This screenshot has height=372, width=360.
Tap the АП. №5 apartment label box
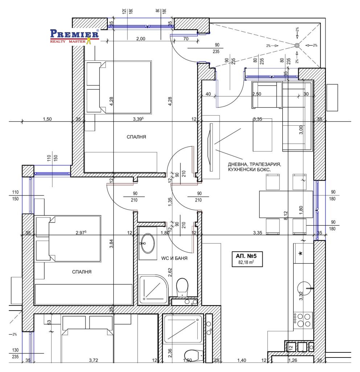pyautogui.click(x=247, y=259)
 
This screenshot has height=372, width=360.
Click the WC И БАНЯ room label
pyautogui.click(x=174, y=258)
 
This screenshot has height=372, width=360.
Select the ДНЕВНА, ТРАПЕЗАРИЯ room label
pyautogui.click(x=254, y=164)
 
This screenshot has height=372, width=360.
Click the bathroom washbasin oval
pyautogui.click(x=147, y=243)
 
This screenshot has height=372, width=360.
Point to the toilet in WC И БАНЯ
pyautogui.click(x=182, y=287)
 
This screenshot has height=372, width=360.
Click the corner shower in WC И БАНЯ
pyautogui.click(x=153, y=290)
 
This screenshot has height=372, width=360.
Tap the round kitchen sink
pyautogui.click(x=304, y=288)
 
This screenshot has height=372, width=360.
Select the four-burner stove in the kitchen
pyautogui.click(x=303, y=320)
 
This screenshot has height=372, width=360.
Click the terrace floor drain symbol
pyautogui.click(x=297, y=45)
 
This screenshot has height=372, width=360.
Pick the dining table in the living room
pyautogui.click(x=286, y=204)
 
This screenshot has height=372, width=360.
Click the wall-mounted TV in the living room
pyautogui.click(x=210, y=147)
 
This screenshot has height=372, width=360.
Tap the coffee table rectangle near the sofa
pyautogui.click(x=262, y=135)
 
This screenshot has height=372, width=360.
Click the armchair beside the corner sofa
pyautogui.click(x=267, y=95)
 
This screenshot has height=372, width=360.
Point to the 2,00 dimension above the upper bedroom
pyautogui.click(x=141, y=39)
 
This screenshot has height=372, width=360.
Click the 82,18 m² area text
pyautogui.click(x=246, y=262)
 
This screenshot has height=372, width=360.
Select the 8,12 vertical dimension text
pyautogui.click(x=286, y=215)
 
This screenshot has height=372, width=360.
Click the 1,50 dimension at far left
pyautogui.click(x=47, y=119)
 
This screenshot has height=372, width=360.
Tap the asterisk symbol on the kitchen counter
pyautogui.click(x=300, y=254)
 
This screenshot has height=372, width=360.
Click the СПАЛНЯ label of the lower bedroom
pyautogui.click(x=82, y=272)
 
